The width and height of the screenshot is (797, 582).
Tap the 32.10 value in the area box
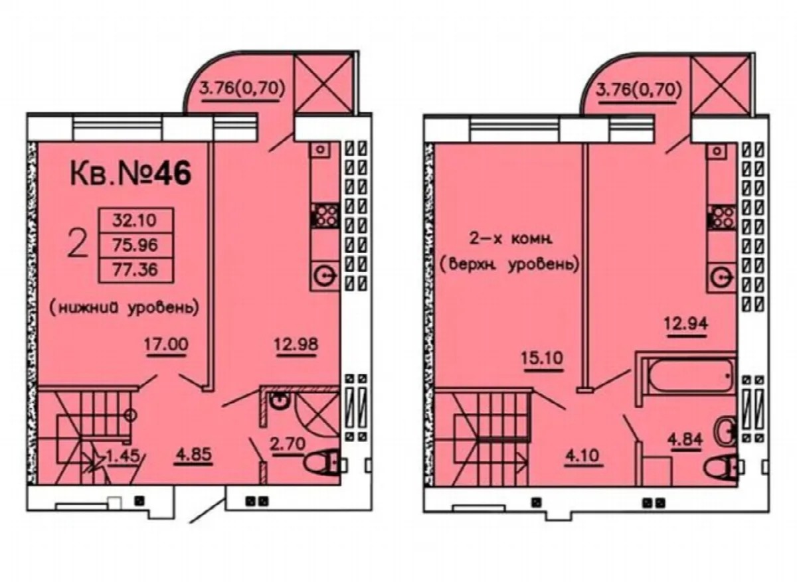coord(134,220)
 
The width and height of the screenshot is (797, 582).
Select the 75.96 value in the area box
coord(135,246)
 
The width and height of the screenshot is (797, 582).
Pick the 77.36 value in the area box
coord(135,269)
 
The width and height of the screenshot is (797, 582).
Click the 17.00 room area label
coord(166,344)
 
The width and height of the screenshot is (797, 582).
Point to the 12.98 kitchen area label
coord(296,344)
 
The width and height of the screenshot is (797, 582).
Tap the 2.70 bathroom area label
coord(288,444)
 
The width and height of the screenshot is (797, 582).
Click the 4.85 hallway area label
coord(193,454)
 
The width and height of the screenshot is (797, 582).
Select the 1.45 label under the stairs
coord(123,456)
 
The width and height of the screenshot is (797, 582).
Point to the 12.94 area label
coord(686,324)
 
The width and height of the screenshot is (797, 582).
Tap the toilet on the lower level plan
coord(323,462)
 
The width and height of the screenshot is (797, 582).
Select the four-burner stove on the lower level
coord(325,216)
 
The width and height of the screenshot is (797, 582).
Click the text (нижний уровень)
coord(124,308)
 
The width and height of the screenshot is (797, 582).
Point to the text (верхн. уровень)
coord(509,265)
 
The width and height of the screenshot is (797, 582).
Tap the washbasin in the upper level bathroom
coord(725,431)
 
